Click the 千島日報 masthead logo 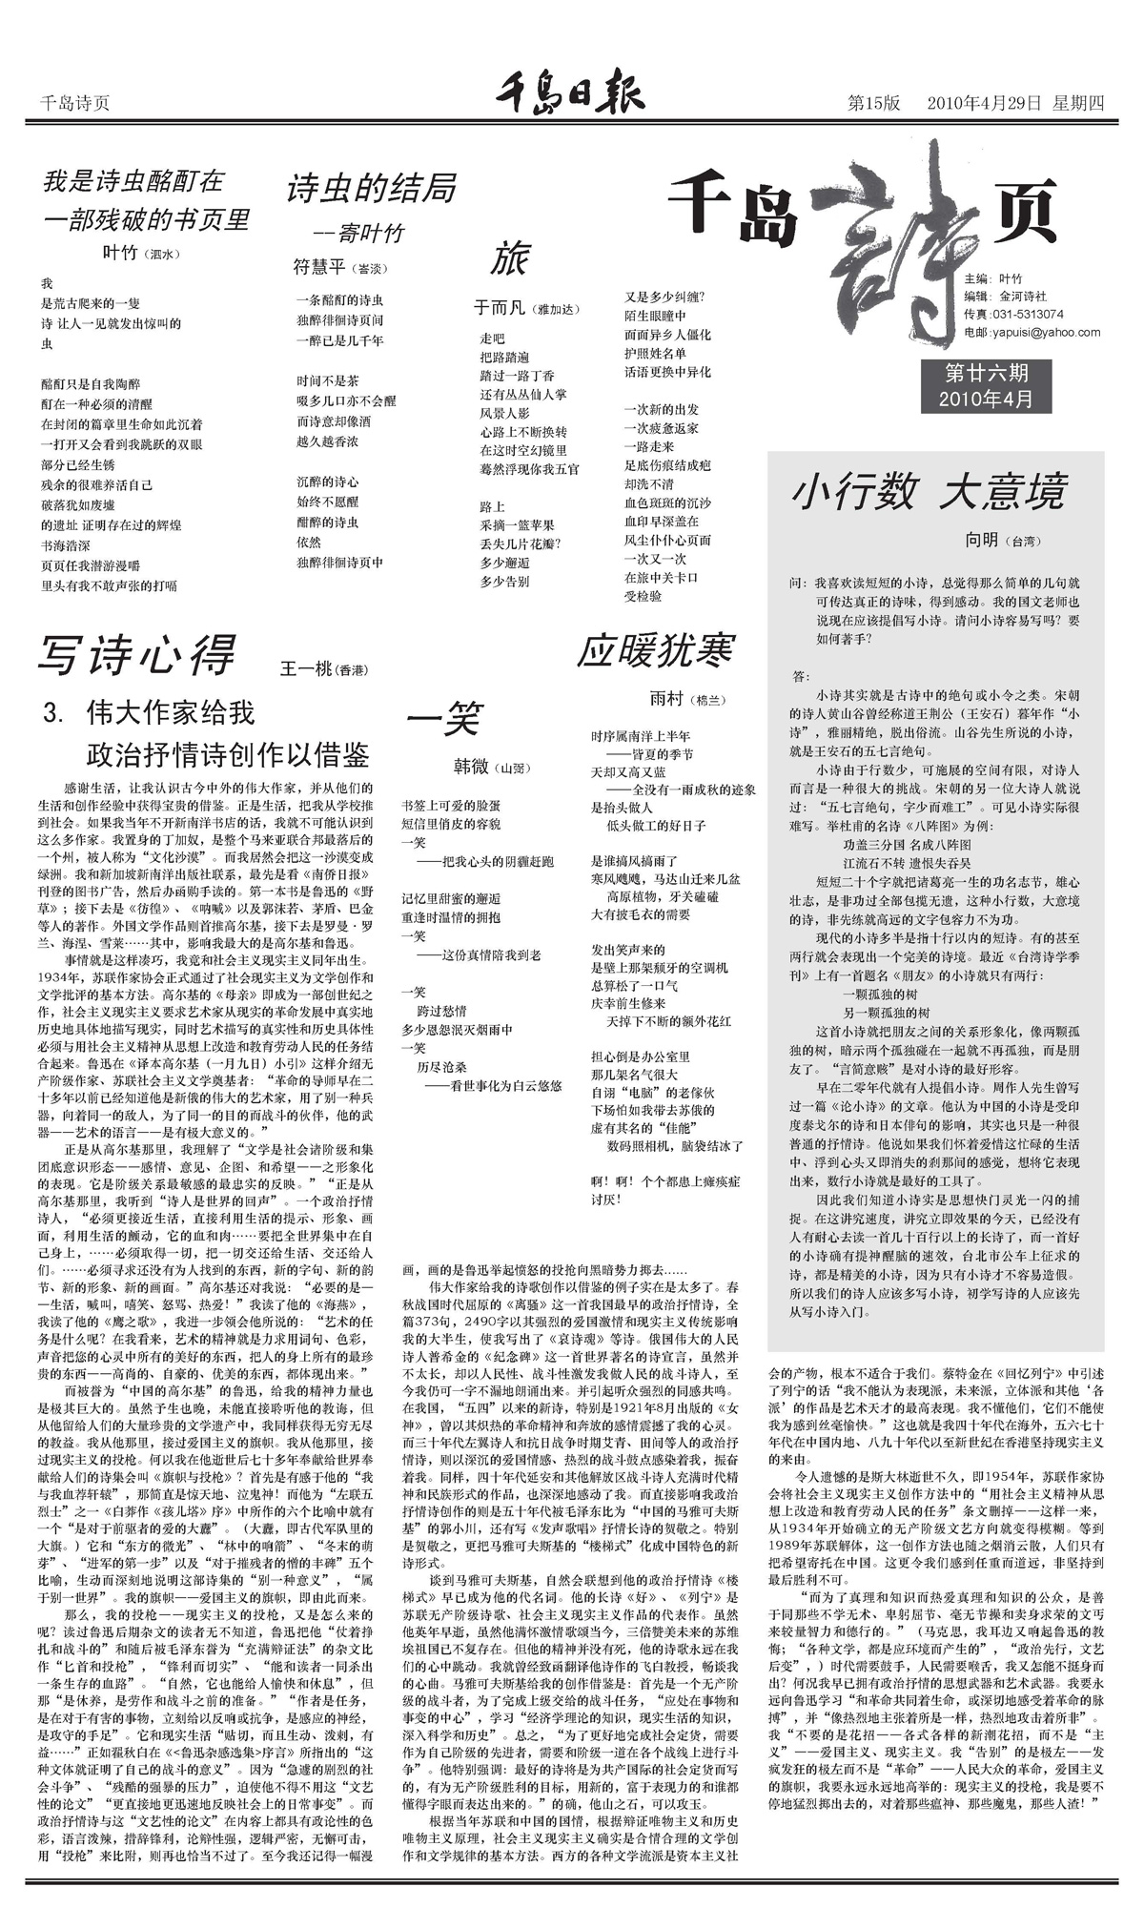point(570,97)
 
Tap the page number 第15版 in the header point(874,103)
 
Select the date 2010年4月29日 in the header point(985,103)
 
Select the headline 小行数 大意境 point(928,493)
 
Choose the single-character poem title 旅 point(509,259)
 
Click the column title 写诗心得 point(136,656)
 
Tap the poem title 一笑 point(444,719)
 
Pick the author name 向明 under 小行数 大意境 point(981,540)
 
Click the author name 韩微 point(470,766)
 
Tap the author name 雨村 point(666,699)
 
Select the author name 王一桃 point(305,669)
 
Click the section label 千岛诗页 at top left point(75,103)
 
